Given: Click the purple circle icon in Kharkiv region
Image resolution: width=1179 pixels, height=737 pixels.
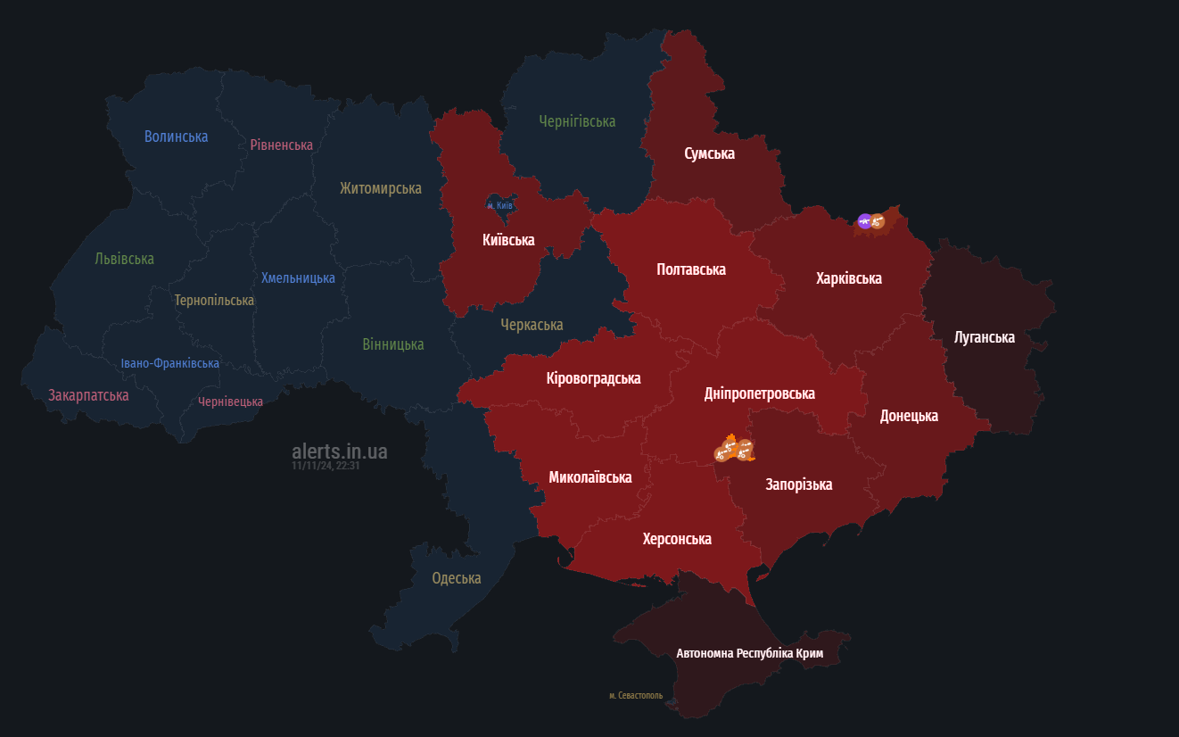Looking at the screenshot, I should pos(864,220).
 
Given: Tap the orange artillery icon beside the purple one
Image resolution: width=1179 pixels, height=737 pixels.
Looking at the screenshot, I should pos(878,220).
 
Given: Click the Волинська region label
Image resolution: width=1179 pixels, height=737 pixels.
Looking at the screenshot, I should pos(176,137).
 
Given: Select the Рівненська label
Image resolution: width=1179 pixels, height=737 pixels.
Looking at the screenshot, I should pos(281,145).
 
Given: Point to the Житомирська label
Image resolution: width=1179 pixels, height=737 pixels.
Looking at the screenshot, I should pos(380,188).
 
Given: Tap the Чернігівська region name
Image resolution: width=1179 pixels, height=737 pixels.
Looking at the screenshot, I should pos(577,121).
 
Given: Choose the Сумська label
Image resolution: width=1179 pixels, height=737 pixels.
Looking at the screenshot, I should pos(709,153).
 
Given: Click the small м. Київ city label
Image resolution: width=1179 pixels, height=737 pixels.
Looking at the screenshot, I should pos(499,205).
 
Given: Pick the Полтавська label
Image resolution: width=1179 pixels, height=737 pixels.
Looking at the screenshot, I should pos(690,269).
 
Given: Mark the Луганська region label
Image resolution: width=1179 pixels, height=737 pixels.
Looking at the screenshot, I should pos(984,337).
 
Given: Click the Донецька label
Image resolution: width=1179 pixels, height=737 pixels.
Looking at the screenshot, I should pos(909,416).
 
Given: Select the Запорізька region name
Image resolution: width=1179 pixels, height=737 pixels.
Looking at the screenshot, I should pos(798,484).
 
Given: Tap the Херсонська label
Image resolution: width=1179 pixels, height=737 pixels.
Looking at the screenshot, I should pos(677,539).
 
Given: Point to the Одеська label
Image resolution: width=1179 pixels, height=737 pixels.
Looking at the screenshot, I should pos(456,578).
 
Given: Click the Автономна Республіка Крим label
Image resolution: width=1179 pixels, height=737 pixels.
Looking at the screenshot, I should pos(749,654).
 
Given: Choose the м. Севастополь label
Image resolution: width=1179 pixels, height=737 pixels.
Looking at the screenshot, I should pos(636,695).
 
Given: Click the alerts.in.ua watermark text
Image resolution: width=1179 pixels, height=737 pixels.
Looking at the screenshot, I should pos(339,451).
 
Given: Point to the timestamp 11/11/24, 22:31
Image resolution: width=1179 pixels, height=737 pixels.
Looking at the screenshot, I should pos(325,466).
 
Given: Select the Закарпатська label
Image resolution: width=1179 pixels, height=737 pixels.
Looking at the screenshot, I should pos(88,395).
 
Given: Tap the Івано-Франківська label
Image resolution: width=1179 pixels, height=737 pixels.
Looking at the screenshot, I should pos(169,363).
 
